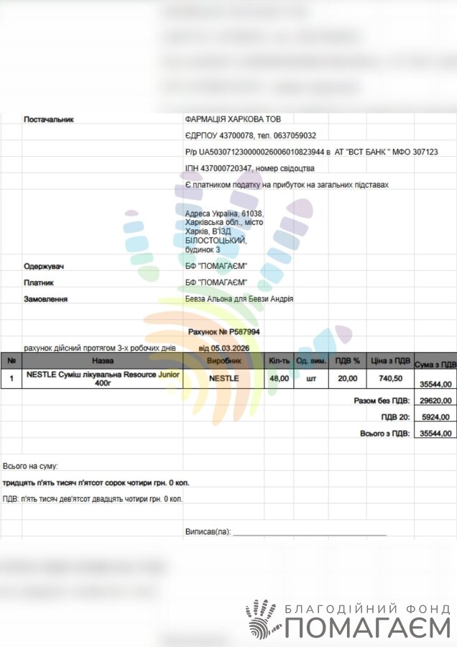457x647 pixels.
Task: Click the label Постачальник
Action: (49, 119)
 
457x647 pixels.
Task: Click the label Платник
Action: (39, 283)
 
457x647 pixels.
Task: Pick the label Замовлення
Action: (45, 298)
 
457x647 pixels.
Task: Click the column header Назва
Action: (103, 359)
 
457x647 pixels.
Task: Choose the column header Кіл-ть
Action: (279, 359)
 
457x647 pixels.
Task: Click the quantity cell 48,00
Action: (279, 377)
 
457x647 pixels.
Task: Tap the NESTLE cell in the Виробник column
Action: (223, 377)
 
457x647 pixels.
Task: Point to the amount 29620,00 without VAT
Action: (436, 401)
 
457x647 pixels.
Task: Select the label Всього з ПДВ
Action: (384, 433)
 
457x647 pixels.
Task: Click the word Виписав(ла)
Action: (208, 532)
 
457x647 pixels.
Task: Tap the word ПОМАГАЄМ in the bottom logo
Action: (367, 628)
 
